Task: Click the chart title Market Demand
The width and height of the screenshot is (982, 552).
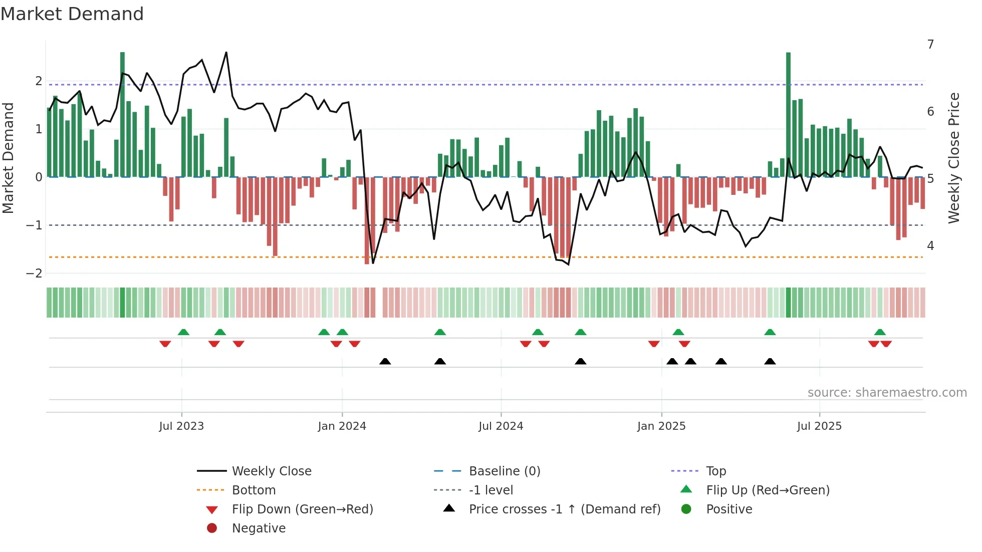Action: (72, 14)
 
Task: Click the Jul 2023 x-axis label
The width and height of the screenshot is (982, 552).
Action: (181, 426)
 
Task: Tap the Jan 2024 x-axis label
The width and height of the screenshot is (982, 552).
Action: (342, 426)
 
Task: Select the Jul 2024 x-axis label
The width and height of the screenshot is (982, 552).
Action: (501, 426)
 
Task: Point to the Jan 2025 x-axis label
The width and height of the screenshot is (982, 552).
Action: (661, 426)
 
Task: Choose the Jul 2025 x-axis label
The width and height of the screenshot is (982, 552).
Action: (820, 426)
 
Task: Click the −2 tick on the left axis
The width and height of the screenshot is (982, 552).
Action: (35, 273)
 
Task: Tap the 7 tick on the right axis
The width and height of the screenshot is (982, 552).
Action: (930, 45)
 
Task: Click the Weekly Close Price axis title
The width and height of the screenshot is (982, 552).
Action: (954, 158)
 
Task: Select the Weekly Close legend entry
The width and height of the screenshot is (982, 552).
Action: (271, 471)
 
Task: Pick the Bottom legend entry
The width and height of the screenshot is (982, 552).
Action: (254, 490)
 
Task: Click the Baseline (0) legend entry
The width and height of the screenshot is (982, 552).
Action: (504, 471)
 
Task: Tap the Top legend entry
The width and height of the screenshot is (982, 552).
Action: (716, 471)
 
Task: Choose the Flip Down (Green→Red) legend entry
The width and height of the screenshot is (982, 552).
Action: (302, 509)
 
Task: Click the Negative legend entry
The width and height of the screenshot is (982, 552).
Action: (259, 528)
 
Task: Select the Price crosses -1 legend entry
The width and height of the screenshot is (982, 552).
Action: (564, 509)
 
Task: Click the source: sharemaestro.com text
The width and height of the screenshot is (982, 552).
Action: (887, 393)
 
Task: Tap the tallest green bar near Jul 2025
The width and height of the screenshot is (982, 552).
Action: (788, 115)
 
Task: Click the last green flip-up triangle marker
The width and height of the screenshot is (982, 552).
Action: (880, 332)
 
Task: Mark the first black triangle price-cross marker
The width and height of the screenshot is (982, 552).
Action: (385, 361)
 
